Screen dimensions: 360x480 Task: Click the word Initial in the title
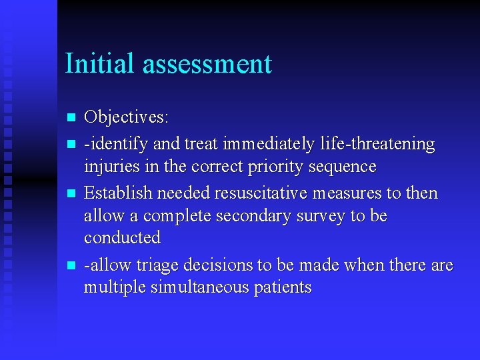100,64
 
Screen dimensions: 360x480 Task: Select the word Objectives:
126,117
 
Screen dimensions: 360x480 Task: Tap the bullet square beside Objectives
72,118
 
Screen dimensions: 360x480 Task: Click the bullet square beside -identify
72,144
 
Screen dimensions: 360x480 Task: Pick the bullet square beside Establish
72,194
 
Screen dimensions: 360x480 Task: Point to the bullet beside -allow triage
72,265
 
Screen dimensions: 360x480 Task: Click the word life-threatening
377,144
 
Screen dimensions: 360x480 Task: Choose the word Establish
116,193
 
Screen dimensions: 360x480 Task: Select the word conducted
122,238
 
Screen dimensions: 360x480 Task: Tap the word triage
152,265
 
